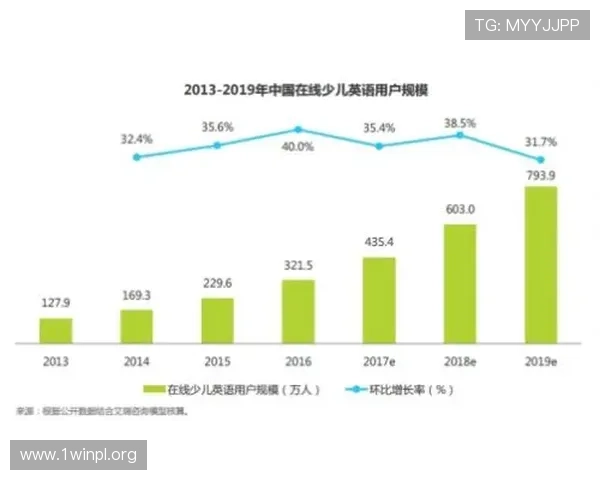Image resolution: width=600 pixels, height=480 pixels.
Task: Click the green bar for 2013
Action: (56, 330)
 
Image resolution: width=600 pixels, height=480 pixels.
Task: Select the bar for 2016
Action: (298, 311)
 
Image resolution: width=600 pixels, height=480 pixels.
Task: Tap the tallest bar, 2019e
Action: (540, 264)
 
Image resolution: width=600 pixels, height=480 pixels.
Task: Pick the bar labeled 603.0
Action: (459, 283)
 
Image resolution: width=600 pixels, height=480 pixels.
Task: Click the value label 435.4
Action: (378, 243)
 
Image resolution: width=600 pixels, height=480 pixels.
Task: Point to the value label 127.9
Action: (56, 304)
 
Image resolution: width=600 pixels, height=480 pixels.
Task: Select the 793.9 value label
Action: (540, 174)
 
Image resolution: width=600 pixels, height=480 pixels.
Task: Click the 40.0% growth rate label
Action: (298, 146)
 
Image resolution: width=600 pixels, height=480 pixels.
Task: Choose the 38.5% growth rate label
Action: (459, 122)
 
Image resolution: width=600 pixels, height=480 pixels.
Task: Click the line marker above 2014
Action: (136, 157)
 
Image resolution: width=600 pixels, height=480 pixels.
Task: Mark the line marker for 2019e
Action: (541, 160)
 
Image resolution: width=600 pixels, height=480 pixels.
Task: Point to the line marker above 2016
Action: (298, 129)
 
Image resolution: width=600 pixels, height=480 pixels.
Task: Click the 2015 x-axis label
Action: (217, 359)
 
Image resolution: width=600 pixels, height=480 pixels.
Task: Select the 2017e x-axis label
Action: (378, 359)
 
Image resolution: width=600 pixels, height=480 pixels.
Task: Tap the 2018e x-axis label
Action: (459, 359)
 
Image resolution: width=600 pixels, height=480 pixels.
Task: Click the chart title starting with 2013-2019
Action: (299, 89)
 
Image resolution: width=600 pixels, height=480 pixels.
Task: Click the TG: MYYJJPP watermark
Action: (527, 25)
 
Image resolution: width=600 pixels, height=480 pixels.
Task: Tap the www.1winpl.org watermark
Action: (79, 455)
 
